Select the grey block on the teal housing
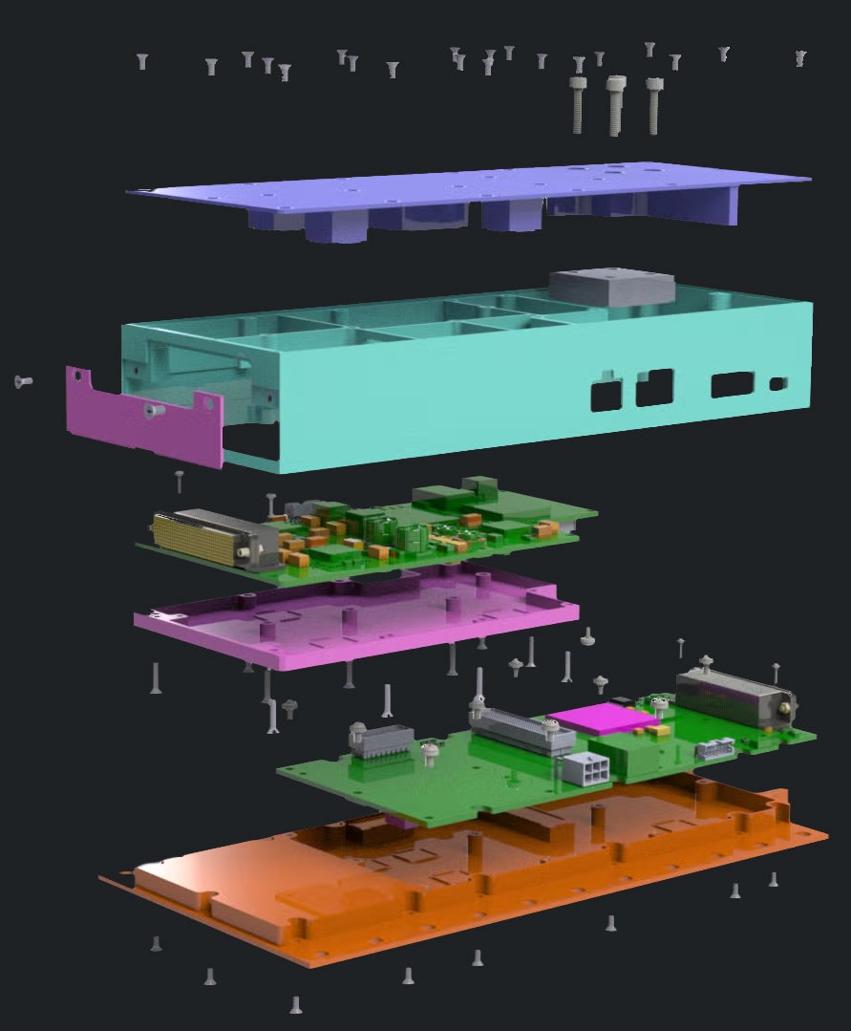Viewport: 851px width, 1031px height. coord(611,286)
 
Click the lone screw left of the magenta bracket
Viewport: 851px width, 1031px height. coord(23,381)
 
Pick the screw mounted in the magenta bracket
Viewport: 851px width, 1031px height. coord(153,410)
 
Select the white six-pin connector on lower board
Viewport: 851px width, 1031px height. coord(587,769)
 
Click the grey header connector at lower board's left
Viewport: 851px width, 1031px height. coord(383,740)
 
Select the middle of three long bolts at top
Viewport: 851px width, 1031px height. coord(615,104)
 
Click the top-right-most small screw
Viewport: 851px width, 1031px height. coord(800,58)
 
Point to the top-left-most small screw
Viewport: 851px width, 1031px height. coord(142,61)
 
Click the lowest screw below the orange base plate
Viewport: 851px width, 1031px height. coord(296,1003)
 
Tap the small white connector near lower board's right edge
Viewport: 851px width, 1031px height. coord(714,748)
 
